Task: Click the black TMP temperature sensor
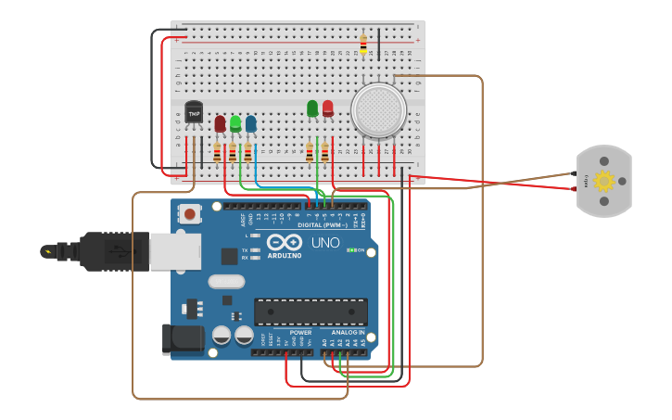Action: click(194, 112)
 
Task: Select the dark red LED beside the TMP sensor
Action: click(220, 124)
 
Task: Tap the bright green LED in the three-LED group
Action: click(235, 122)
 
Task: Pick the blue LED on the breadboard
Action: click(250, 123)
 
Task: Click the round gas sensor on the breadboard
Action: click(379, 110)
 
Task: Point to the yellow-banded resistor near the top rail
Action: click(362, 43)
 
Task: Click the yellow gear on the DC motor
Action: click(604, 181)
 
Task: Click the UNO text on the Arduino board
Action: click(324, 242)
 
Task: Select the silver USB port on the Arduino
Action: click(174, 250)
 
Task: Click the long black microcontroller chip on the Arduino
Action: click(311, 312)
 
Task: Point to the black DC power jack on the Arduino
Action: click(183, 339)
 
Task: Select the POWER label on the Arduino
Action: click(300, 332)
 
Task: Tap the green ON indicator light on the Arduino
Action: click(350, 249)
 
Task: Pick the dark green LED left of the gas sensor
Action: click(312, 108)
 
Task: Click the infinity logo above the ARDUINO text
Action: click(283, 242)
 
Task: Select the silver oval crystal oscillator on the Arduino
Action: click(226, 281)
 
